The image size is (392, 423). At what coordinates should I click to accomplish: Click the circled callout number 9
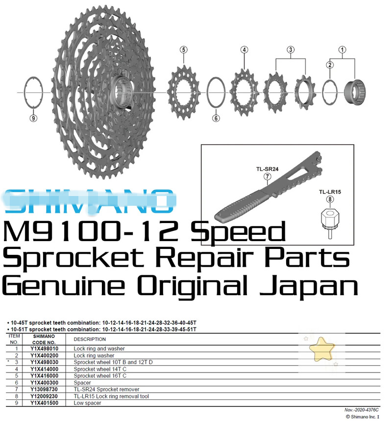click(x=33, y=118)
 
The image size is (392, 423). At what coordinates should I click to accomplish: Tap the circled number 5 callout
click(x=183, y=50)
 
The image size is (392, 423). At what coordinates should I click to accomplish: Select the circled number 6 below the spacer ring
click(x=216, y=118)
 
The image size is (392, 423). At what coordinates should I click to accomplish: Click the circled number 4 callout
click(x=244, y=50)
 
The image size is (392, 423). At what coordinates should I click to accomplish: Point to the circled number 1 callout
click(x=343, y=50)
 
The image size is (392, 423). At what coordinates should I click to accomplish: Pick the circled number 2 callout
click(x=330, y=65)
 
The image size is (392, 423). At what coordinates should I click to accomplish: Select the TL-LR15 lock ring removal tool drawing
click(x=330, y=221)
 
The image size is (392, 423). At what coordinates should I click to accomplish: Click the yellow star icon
click(x=322, y=348)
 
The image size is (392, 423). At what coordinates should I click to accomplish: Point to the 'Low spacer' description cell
click(x=88, y=403)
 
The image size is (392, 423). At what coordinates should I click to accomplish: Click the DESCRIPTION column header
click(x=90, y=339)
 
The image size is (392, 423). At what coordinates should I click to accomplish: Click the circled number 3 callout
click(x=291, y=50)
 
